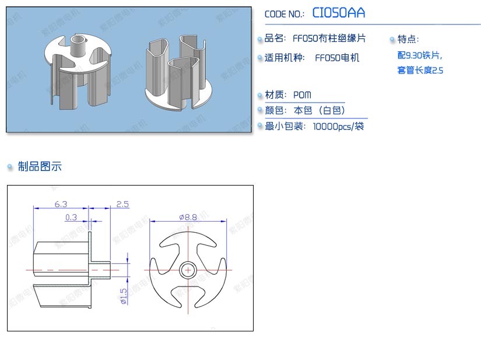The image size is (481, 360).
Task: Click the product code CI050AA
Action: pos(339,13)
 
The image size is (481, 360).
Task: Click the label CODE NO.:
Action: pos(285,15)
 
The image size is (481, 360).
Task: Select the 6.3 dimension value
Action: pos(61,204)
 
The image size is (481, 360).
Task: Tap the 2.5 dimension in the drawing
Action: pos(122,204)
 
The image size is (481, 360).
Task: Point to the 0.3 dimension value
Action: pos(71,217)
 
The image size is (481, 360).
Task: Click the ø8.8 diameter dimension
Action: pos(188,217)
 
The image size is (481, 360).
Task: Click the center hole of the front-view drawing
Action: pos(188,270)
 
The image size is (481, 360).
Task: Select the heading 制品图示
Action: pos(40,167)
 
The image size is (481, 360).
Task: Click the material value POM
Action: pos(302,95)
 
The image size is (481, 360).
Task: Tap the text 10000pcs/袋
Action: pos(338,126)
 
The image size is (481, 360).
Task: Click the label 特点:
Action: pos(408,39)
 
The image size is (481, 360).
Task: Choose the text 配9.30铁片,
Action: pos(419,55)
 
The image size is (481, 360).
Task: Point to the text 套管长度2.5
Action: pos(420,71)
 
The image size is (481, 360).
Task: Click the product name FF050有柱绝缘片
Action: pos(329,39)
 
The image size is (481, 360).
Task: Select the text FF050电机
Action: pos(337,58)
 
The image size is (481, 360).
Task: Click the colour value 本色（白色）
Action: pos(320,110)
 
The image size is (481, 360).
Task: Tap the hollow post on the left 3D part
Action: pos(77,44)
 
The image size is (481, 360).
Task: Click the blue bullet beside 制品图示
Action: pos(10,167)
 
